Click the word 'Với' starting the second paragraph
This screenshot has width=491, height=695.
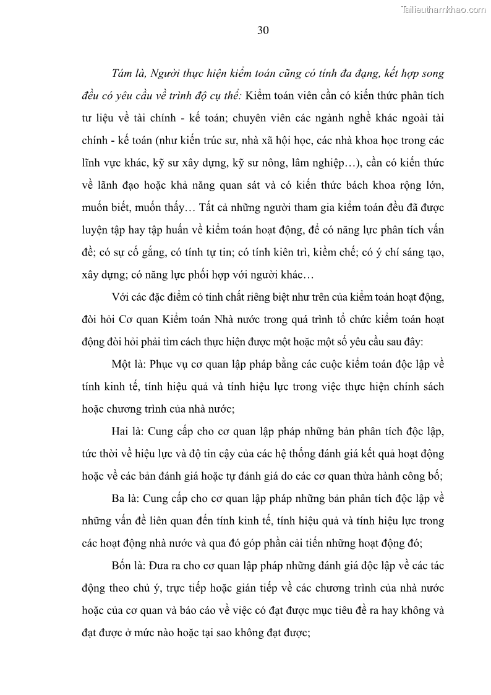121,297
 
